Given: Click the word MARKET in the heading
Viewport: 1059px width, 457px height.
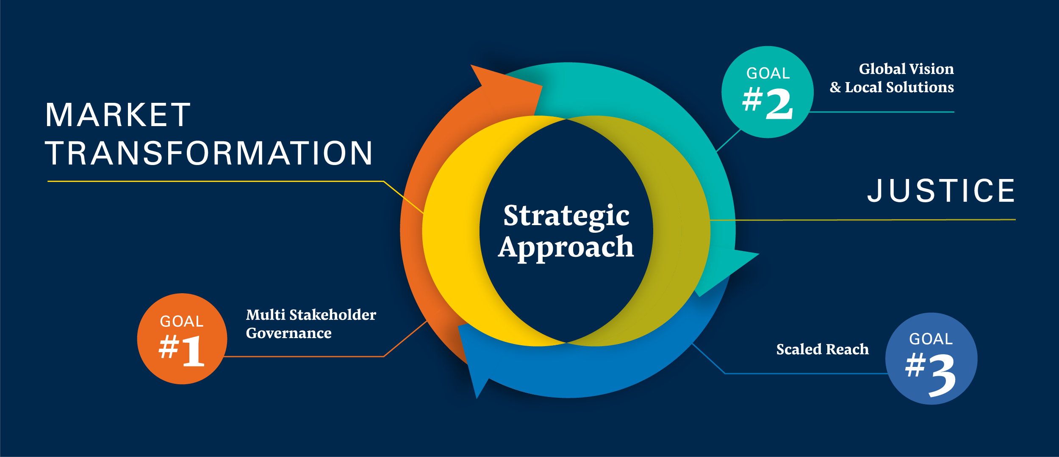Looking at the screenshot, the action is coord(118,115).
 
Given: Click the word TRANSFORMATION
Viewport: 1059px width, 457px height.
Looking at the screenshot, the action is coord(209,153).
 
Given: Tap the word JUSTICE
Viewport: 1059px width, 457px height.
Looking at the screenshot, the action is coord(941,190).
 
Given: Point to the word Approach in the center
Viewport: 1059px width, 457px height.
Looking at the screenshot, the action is coord(566,248).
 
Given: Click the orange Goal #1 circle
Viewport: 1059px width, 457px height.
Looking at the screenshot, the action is coord(182,339).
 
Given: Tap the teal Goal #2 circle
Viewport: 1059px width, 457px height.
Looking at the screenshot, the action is coord(768,92).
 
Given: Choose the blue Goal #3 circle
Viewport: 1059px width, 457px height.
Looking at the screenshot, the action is coord(931,358).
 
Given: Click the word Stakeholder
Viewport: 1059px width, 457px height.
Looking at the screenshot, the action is coord(333,315).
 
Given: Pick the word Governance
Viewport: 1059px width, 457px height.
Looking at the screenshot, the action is coord(289,333).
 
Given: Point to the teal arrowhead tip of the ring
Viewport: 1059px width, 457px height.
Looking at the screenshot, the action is coord(759,254).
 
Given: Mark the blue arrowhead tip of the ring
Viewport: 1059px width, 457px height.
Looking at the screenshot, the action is coord(477,399).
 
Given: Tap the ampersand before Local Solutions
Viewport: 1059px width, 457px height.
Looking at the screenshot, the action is coord(835,87).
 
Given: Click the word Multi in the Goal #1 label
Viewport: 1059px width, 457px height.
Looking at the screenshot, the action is coord(266,315).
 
